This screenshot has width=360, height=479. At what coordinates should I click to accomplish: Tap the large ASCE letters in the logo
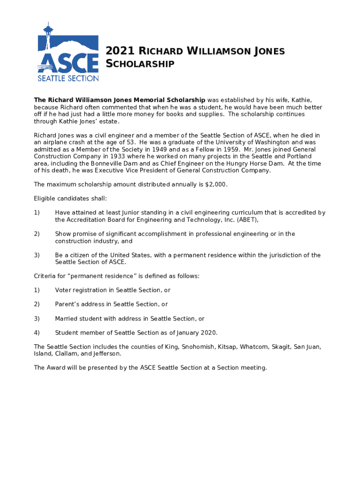68,62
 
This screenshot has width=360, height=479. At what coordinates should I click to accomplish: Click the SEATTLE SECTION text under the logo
68,78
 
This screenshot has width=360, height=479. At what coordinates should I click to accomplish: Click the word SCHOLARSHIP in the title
140,64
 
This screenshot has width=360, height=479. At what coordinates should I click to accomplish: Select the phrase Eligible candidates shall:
71,199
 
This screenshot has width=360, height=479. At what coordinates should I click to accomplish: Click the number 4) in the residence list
37,333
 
